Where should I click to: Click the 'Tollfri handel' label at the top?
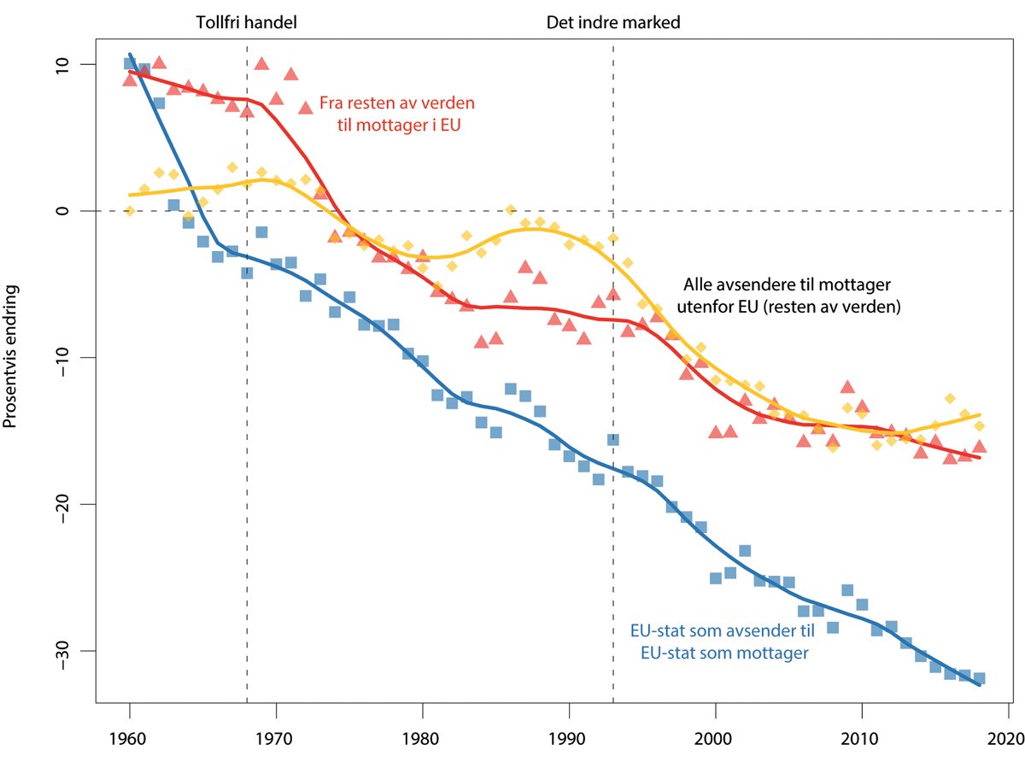(246, 23)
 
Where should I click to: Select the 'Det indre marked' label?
(613, 23)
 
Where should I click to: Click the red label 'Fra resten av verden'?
(396, 103)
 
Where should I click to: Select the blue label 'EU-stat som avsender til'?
(723, 631)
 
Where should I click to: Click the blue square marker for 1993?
(613, 440)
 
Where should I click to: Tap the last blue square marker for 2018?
(980, 678)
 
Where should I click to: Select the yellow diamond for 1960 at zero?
(130, 211)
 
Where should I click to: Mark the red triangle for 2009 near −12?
(847, 387)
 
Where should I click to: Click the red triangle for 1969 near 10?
(261, 64)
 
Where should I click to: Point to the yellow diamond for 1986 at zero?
(510, 209)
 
